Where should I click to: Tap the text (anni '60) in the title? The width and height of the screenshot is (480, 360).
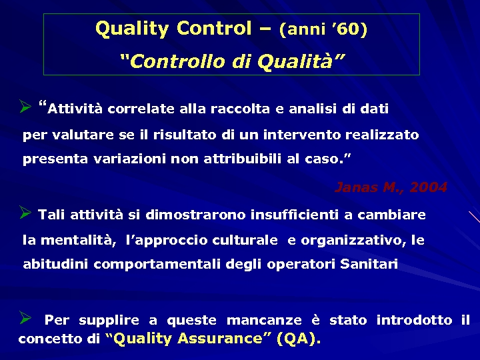[x=323, y=30]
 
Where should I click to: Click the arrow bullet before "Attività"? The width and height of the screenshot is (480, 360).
[x=26, y=106]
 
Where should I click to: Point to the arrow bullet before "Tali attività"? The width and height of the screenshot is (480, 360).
[x=26, y=213]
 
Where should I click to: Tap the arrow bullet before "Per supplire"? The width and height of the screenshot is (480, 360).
[x=26, y=319]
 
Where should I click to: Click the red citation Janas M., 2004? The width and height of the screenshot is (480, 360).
[x=391, y=187]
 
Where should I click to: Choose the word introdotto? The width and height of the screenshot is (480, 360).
[x=414, y=321]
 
